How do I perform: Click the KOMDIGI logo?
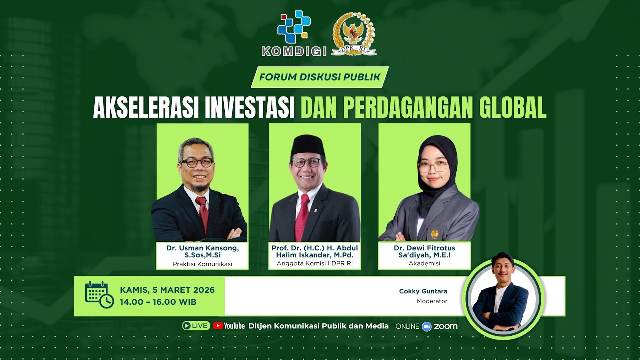[x=294, y=33]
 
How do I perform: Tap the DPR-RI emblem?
[x=354, y=33]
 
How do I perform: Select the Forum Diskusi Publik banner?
[x=320, y=77]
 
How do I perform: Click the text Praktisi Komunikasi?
[x=203, y=264]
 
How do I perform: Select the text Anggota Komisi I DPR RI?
[x=315, y=264]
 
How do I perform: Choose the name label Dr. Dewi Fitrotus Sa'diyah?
[x=424, y=251]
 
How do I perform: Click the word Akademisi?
[x=424, y=263]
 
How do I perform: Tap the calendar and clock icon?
[x=99, y=295]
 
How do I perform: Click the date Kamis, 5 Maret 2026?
[x=167, y=290]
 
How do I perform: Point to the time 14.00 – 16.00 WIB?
[x=158, y=302]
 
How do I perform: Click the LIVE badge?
[x=196, y=326]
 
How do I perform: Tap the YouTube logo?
[x=229, y=326]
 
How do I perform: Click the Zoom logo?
[x=440, y=326]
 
